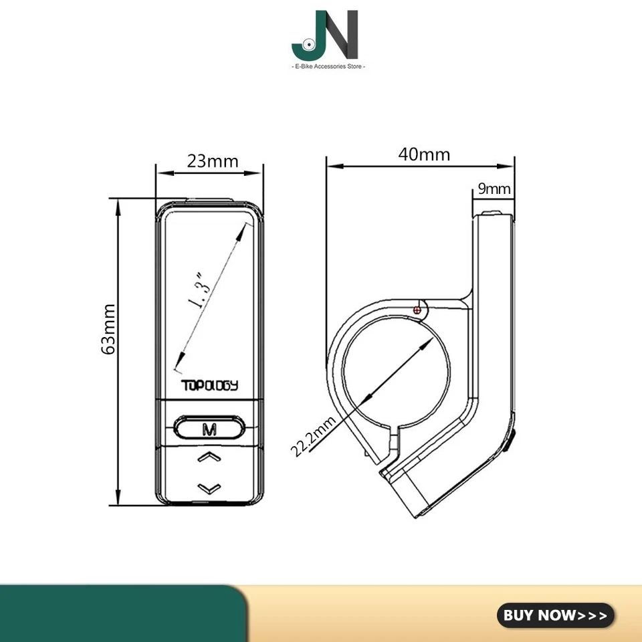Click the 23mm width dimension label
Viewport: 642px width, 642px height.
click(x=213, y=160)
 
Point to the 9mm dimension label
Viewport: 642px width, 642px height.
click(x=494, y=189)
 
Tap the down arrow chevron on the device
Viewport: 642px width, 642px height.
click(x=209, y=487)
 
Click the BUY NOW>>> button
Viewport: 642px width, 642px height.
click(x=555, y=615)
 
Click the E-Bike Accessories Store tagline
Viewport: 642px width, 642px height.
click(x=325, y=66)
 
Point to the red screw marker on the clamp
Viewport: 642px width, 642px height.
click(x=419, y=310)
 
